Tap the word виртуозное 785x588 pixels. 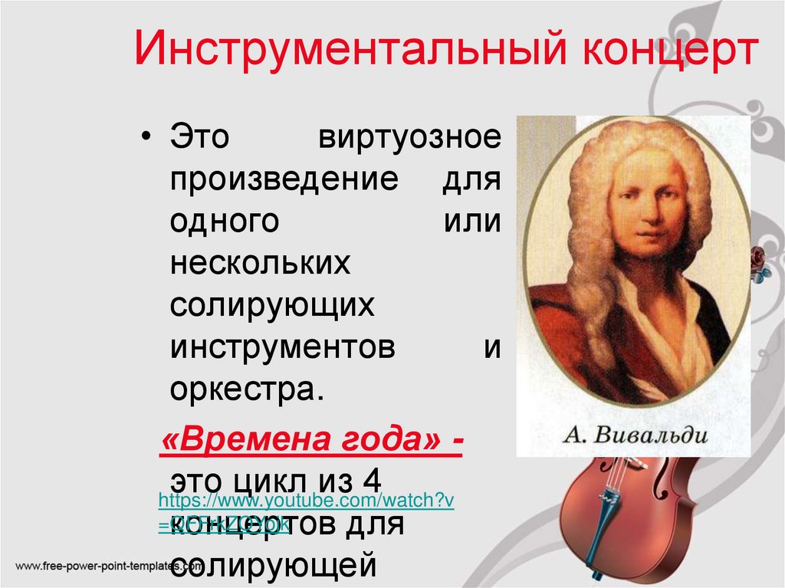click(x=409, y=139)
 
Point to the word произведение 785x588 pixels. click(x=284, y=181)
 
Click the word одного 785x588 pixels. click(x=223, y=222)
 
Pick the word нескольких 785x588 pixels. click(x=260, y=264)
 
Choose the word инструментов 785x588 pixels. click(x=283, y=347)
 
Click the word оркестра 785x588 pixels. click(x=242, y=388)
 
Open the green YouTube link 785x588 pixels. click(x=306, y=501)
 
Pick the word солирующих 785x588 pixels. click(x=273, y=305)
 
